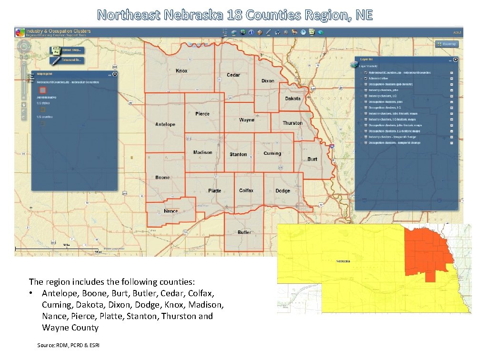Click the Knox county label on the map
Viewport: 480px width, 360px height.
pyautogui.click(x=181, y=71)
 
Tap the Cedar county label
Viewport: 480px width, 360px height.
pyautogui.click(x=233, y=75)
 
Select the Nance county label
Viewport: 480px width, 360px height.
pyautogui.click(x=170, y=211)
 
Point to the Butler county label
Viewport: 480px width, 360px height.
pyautogui.click(x=244, y=232)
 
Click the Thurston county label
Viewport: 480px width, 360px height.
pyautogui.click(x=292, y=123)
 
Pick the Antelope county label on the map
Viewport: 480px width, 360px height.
pyautogui.click(x=165, y=124)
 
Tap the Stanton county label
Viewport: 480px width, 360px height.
pyautogui.click(x=238, y=154)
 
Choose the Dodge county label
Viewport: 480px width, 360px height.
pyautogui.click(x=282, y=191)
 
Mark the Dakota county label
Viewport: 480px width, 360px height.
pyautogui.click(x=293, y=99)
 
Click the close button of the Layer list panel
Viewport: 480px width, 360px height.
pyautogui.click(x=455, y=60)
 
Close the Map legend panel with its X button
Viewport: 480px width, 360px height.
pyautogui.click(x=115, y=74)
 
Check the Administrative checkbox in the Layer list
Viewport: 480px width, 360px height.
pyautogui.click(x=365, y=79)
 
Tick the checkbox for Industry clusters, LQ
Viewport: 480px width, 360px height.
pyautogui.click(x=365, y=96)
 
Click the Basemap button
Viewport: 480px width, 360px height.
pyautogui.click(x=446, y=44)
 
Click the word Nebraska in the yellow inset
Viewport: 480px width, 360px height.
pyautogui.click(x=343, y=261)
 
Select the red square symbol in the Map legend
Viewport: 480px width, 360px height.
pyautogui.click(x=43, y=90)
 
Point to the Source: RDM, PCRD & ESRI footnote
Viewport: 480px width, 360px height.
pyautogui.click(x=68, y=344)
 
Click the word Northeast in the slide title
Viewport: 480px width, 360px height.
pyautogui.click(x=129, y=15)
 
